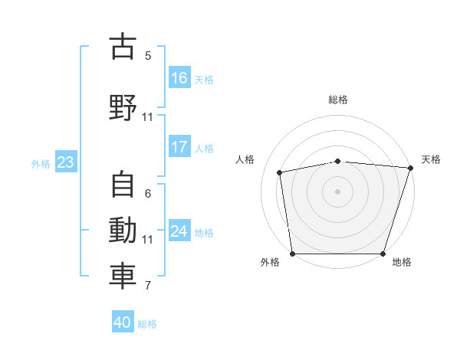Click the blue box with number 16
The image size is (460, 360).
coord(179,78)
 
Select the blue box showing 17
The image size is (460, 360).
coord(179,148)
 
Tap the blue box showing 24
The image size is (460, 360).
coord(179,231)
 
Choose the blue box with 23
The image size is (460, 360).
coord(65,162)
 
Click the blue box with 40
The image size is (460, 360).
coord(123,322)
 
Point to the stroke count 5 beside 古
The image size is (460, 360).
coord(148,56)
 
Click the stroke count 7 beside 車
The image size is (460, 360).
coord(148,286)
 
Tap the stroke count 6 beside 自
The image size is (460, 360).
coord(148,194)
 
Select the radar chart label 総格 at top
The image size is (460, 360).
coord(338,100)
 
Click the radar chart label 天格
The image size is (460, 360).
coord(431,159)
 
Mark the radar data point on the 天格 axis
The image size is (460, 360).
coord(410,168)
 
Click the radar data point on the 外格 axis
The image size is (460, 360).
coord(292,254)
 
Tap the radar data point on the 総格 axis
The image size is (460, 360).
coord(338,161)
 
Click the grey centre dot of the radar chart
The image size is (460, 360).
coord(338,191)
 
